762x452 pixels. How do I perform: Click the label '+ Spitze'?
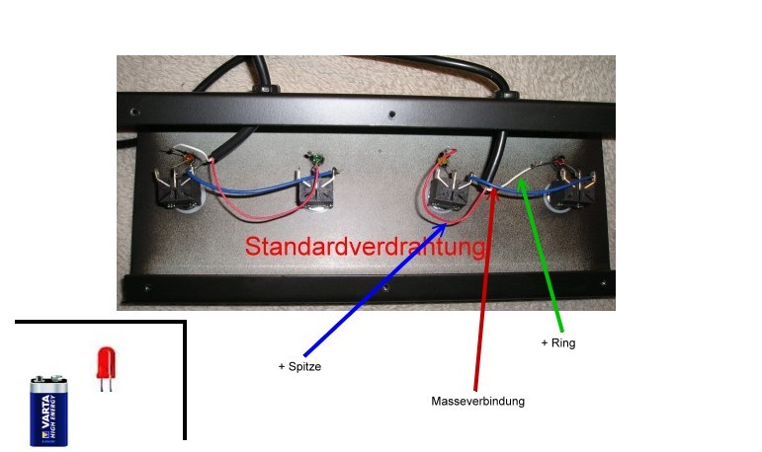[300, 366]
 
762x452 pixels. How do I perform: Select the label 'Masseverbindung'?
[478, 402]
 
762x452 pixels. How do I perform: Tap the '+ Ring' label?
[558, 343]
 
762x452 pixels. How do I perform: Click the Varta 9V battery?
[49, 410]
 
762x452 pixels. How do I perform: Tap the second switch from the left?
[317, 191]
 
